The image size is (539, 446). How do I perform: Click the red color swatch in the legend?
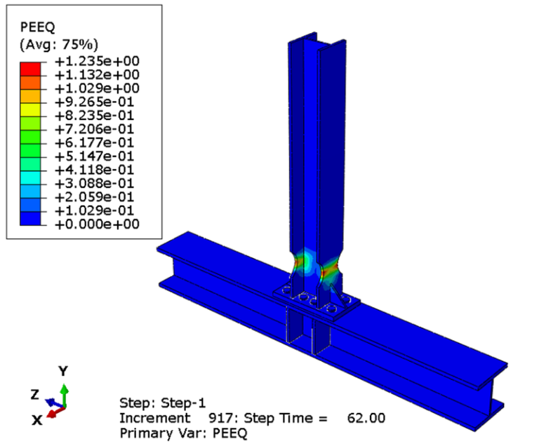[31, 68]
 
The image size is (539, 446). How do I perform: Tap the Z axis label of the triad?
[34, 395]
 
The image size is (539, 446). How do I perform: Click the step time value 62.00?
[366, 419]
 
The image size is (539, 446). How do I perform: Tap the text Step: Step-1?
[163, 403]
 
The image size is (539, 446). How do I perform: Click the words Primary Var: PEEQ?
[184, 433]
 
